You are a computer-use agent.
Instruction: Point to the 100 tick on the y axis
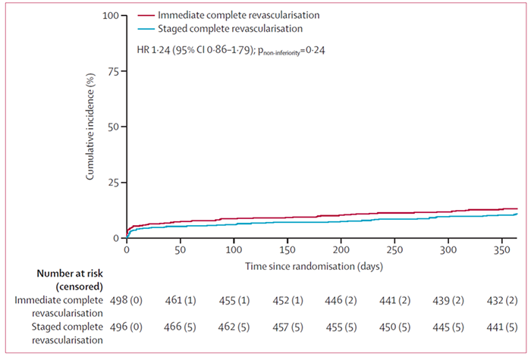click(112, 16)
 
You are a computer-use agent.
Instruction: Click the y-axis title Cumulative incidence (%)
click(90, 127)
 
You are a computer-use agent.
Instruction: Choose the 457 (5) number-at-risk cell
click(286, 324)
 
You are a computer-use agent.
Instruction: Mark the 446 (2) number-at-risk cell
click(341, 301)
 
